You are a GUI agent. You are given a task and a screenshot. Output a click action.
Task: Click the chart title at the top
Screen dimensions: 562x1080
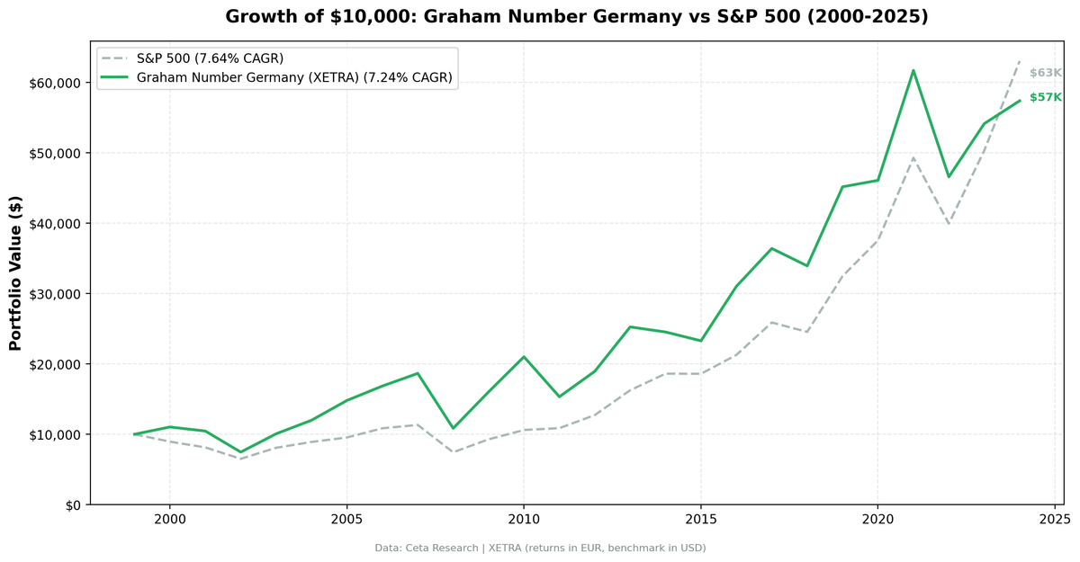click(x=576, y=16)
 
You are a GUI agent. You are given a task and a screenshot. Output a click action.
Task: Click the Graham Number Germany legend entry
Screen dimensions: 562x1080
click(x=293, y=78)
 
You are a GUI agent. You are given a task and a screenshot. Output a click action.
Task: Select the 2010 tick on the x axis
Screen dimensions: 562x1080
click(x=523, y=520)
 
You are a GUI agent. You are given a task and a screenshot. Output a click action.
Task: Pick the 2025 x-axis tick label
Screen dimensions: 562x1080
click(x=1054, y=520)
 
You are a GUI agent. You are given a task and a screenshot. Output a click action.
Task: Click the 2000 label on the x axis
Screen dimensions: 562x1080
click(x=169, y=520)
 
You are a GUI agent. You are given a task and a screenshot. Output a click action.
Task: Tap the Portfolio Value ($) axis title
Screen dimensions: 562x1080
click(x=15, y=273)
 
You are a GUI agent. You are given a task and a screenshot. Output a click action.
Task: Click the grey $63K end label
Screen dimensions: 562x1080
click(x=1046, y=73)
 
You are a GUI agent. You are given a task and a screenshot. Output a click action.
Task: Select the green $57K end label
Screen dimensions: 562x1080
click(x=1046, y=97)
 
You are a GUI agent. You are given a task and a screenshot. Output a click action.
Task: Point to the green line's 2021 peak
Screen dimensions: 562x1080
click(x=913, y=70)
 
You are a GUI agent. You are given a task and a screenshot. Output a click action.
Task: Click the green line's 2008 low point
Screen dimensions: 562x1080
click(x=453, y=428)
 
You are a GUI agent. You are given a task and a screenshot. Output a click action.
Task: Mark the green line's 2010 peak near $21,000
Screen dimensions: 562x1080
click(x=524, y=357)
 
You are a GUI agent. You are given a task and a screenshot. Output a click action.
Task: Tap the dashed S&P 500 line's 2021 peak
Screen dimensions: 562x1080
click(x=913, y=158)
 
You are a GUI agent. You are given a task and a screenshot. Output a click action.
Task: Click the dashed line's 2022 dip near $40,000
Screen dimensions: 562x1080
click(x=949, y=223)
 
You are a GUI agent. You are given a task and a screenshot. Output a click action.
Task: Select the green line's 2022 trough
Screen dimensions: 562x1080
click(x=949, y=176)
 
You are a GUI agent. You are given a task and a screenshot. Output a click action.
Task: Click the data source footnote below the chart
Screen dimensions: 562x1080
click(x=540, y=548)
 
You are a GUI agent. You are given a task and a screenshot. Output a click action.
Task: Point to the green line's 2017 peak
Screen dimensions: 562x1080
click(x=771, y=248)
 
